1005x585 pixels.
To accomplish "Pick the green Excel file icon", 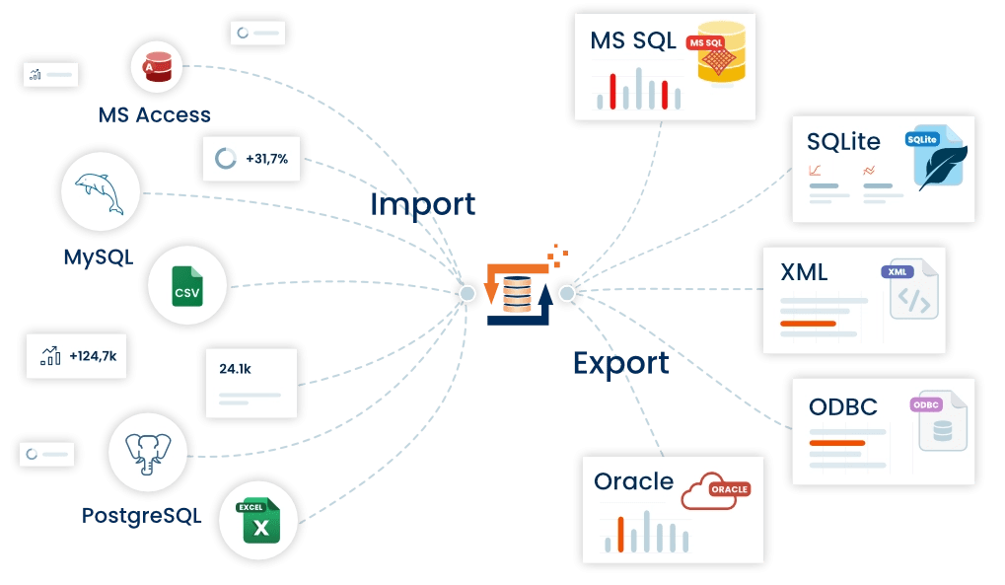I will (259, 521).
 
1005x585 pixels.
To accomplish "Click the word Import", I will (422, 204).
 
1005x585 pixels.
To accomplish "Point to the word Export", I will (620, 363).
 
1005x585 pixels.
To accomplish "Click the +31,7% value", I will (266, 158).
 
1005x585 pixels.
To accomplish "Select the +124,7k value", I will (93, 356).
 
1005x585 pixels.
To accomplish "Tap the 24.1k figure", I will (236, 368).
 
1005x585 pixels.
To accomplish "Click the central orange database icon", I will (517, 294).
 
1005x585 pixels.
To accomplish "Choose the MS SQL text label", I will (633, 40).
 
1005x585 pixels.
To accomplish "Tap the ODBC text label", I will (842, 407).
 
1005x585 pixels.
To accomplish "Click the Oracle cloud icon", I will (715, 489).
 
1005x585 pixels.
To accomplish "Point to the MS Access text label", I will (155, 115).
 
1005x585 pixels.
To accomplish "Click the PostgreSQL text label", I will (142, 515).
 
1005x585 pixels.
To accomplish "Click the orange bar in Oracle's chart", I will (620, 534).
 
